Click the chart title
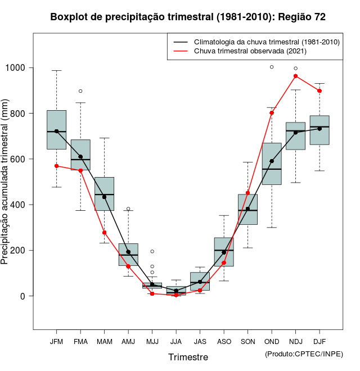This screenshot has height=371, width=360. [188, 17]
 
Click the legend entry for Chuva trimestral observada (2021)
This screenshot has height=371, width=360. [250, 51]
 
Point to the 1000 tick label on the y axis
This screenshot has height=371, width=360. [16, 68]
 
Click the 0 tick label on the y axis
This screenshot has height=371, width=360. [25, 296]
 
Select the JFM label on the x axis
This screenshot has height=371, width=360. [56, 342]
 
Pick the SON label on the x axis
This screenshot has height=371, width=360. [247, 342]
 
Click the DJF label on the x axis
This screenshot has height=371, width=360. [319, 342]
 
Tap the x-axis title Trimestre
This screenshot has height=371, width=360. [188, 357]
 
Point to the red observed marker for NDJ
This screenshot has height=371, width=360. [296, 76]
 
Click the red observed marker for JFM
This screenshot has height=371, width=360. [56, 166]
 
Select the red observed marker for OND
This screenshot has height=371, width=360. [272, 113]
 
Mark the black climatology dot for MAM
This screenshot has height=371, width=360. [104, 197]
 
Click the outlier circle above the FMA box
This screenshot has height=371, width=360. [80, 91]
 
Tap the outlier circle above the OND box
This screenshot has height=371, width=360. [272, 67]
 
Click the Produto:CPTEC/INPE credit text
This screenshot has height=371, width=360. [304, 354]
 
